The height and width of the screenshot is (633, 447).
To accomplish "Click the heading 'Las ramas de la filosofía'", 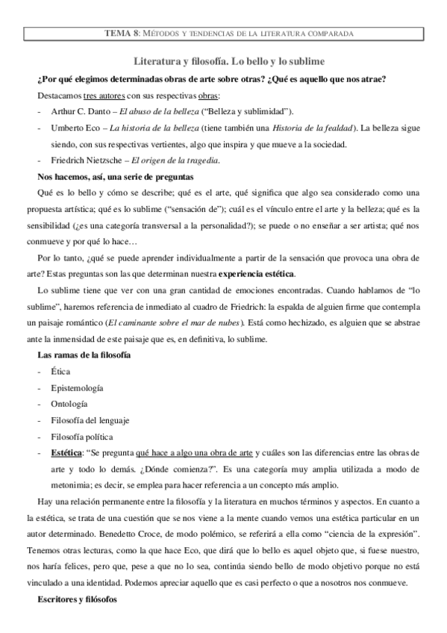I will point(84,355).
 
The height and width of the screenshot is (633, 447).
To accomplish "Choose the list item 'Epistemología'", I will point(78,388).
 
